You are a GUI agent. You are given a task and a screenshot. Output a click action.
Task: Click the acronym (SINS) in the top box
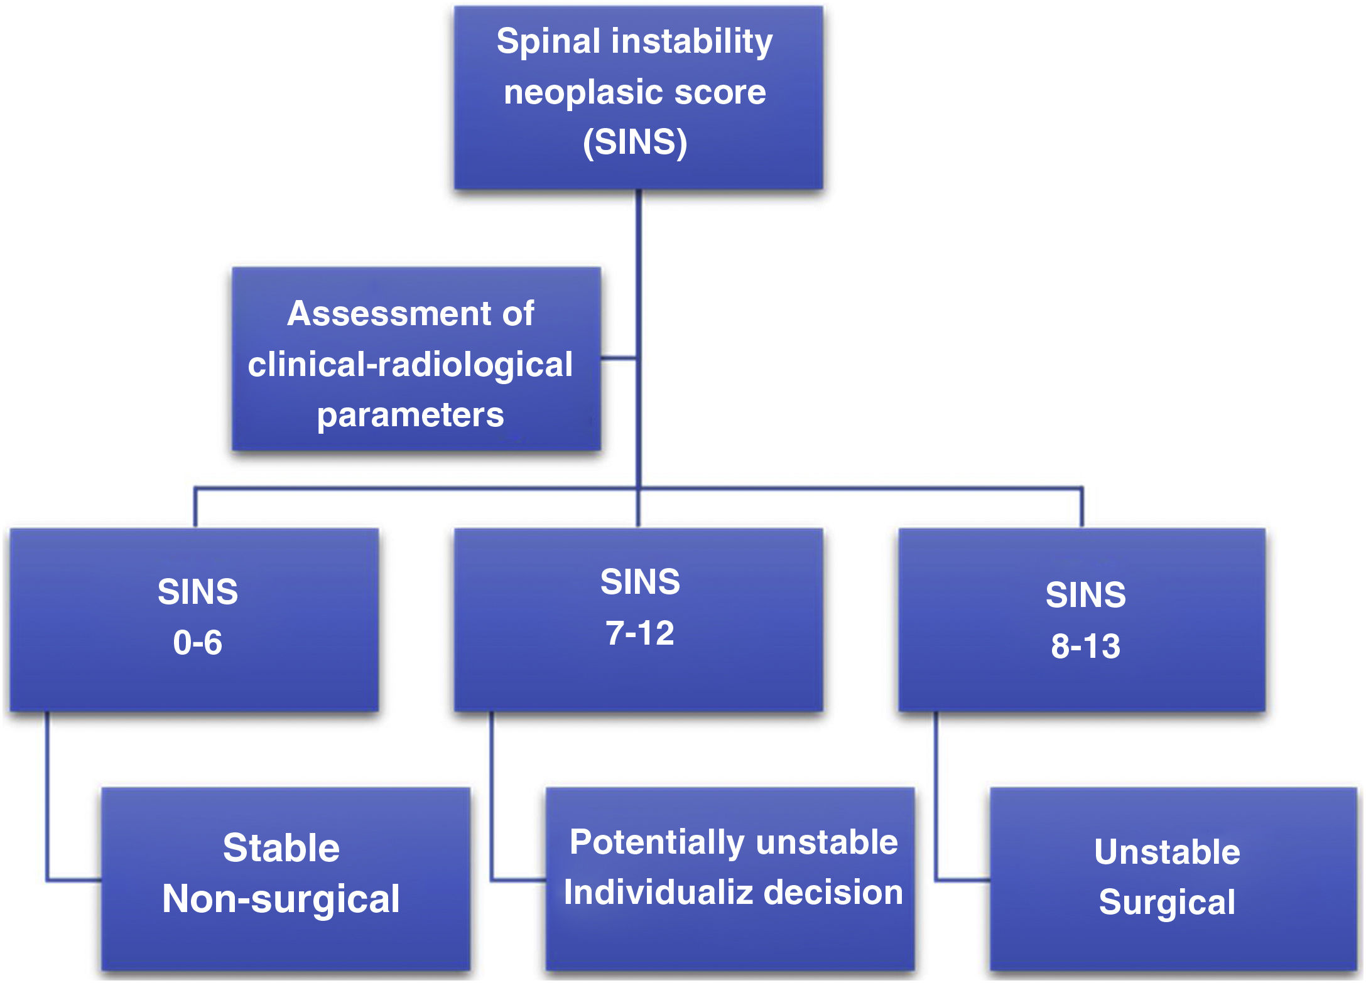click(x=635, y=142)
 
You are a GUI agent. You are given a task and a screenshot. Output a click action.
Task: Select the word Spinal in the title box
click(x=548, y=42)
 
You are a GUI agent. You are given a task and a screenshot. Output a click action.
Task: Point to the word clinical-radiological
click(x=409, y=364)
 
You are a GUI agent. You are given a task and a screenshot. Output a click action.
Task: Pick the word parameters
click(x=410, y=415)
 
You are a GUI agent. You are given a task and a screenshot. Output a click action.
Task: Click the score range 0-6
click(x=197, y=643)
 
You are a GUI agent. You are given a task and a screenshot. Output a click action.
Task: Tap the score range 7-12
click(x=639, y=633)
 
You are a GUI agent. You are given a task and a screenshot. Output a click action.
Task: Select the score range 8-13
click(x=1085, y=646)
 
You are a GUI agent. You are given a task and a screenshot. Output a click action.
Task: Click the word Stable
click(x=281, y=848)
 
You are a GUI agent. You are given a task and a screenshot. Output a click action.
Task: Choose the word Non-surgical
click(x=281, y=899)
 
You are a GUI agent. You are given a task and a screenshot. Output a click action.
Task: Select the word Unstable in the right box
click(x=1166, y=852)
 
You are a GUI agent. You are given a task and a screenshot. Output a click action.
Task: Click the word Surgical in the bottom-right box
click(x=1166, y=903)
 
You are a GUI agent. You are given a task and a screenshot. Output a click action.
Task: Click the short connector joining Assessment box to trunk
click(x=619, y=358)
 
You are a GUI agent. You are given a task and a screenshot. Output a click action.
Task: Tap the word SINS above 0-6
click(x=197, y=592)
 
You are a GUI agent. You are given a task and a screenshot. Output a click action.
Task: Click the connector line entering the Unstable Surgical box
click(x=963, y=880)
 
